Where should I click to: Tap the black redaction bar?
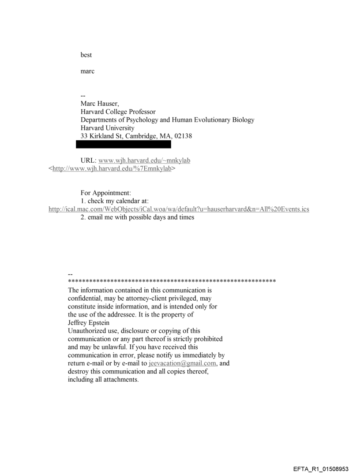[124, 144]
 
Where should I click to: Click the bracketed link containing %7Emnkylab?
[112, 168]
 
